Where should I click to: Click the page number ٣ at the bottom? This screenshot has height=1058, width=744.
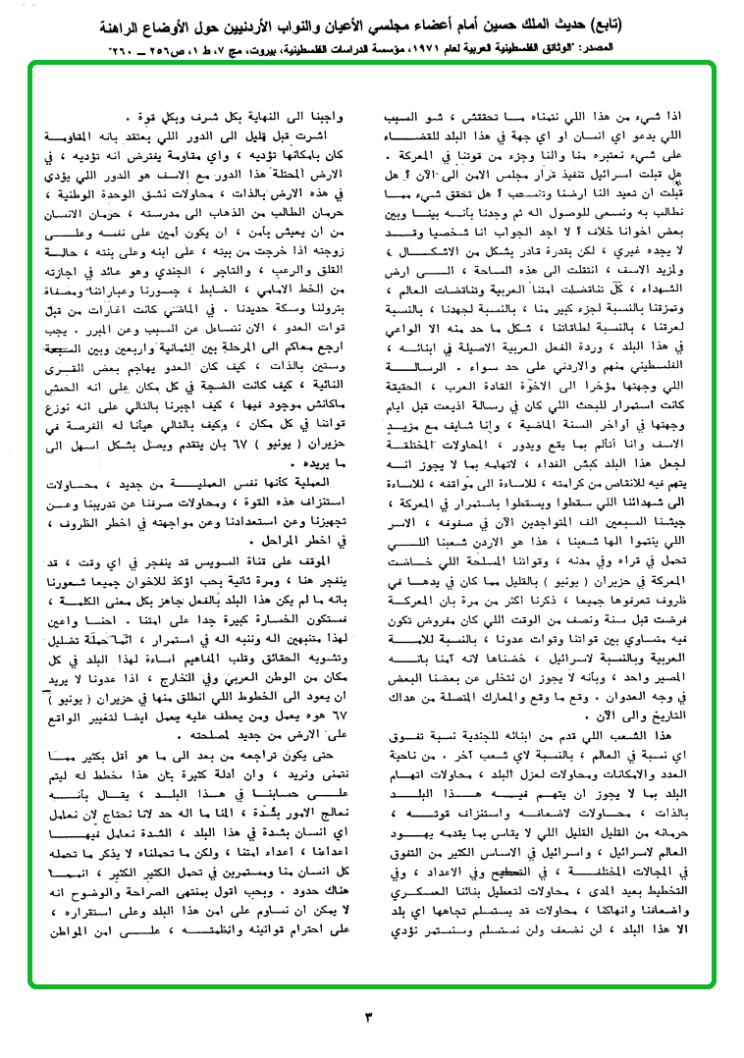(x=370, y=1014)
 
